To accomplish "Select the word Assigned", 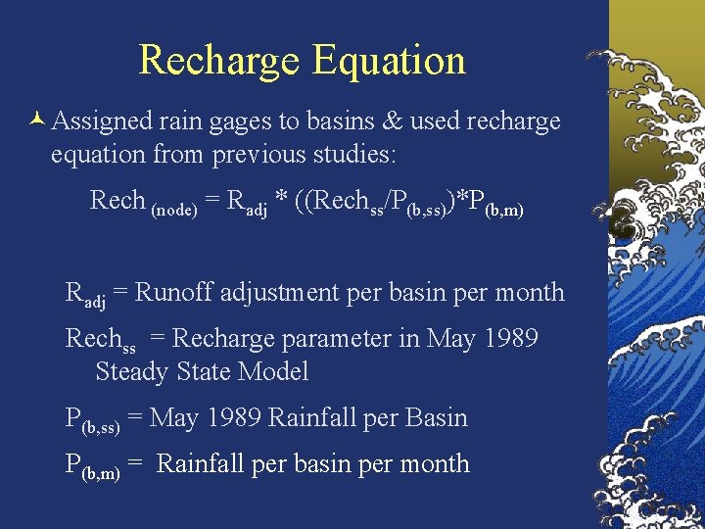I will (102, 121).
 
